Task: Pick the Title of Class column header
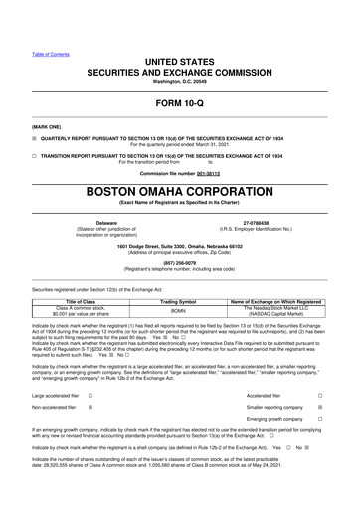(x=86, y=300)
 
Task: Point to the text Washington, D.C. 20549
(x=179, y=53)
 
